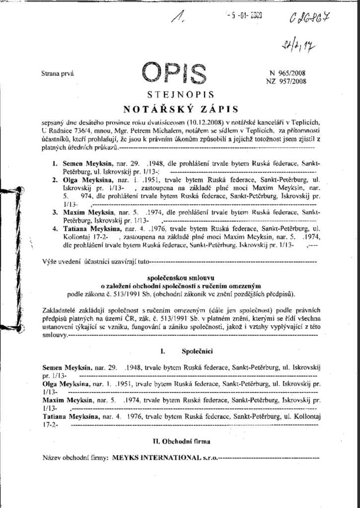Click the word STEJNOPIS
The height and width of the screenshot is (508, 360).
coord(180,95)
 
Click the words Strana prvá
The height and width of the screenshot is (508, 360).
coord(58,73)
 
